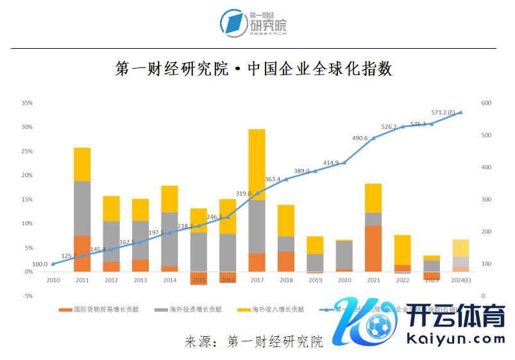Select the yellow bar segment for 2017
pyautogui.click(x=257, y=164)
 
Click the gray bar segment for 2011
pyautogui.click(x=82, y=208)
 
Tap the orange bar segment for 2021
pyautogui.click(x=373, y=248)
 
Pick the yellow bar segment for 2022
pyautogui.click(x=402, y=250)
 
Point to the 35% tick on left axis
pyautogui.click(x=27, y=103)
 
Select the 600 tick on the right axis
pyautogui.click(x=485, y=103)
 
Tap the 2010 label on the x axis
pyautogui.click(x=53, y=280)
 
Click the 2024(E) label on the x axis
pyautogui.click(x=461, y=280)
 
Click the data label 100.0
pyautogui.click(x=40, y=264)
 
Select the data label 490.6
pyautogui.click(x=360, y=138)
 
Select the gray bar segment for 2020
pyautogui.click(x=344, y=255)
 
